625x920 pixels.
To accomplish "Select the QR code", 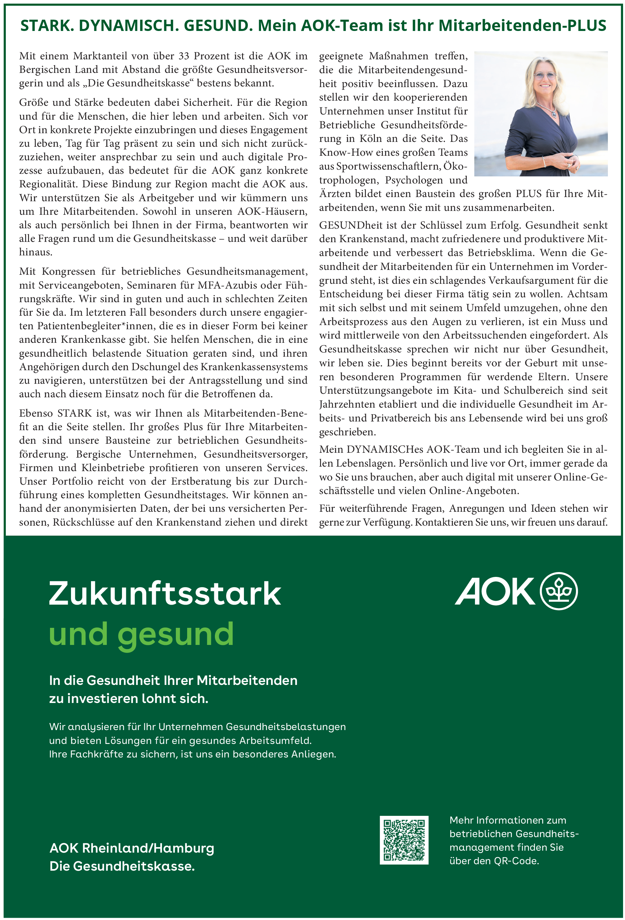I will pos(404,840).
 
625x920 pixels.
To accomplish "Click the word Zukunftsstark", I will pos(165,593).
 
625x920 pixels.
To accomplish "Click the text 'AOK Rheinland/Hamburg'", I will pos(132,848).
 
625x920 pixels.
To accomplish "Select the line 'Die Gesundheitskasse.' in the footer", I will pos(122,866).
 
